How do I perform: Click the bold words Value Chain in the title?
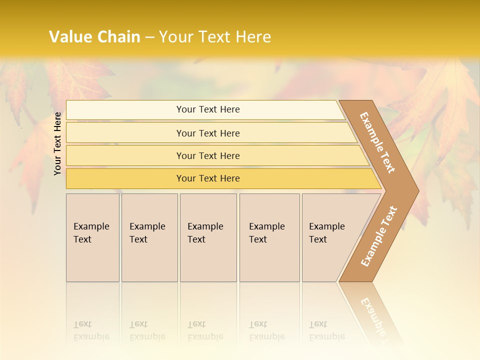click(94, 37)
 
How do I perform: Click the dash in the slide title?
click(149, 37)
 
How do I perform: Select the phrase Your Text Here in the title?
click(215, 37)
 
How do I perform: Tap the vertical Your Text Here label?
click(58, 144)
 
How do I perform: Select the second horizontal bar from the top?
click(208, 133)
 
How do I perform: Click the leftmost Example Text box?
click(92, 237)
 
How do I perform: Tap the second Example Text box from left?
click(149, 237)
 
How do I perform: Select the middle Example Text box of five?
click(208, 237)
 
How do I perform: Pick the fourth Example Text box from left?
click(269, 237)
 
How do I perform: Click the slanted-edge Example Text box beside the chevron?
click(327, 237)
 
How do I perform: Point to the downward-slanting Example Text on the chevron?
click(377, 142)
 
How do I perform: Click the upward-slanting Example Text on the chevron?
click(378, 236)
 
